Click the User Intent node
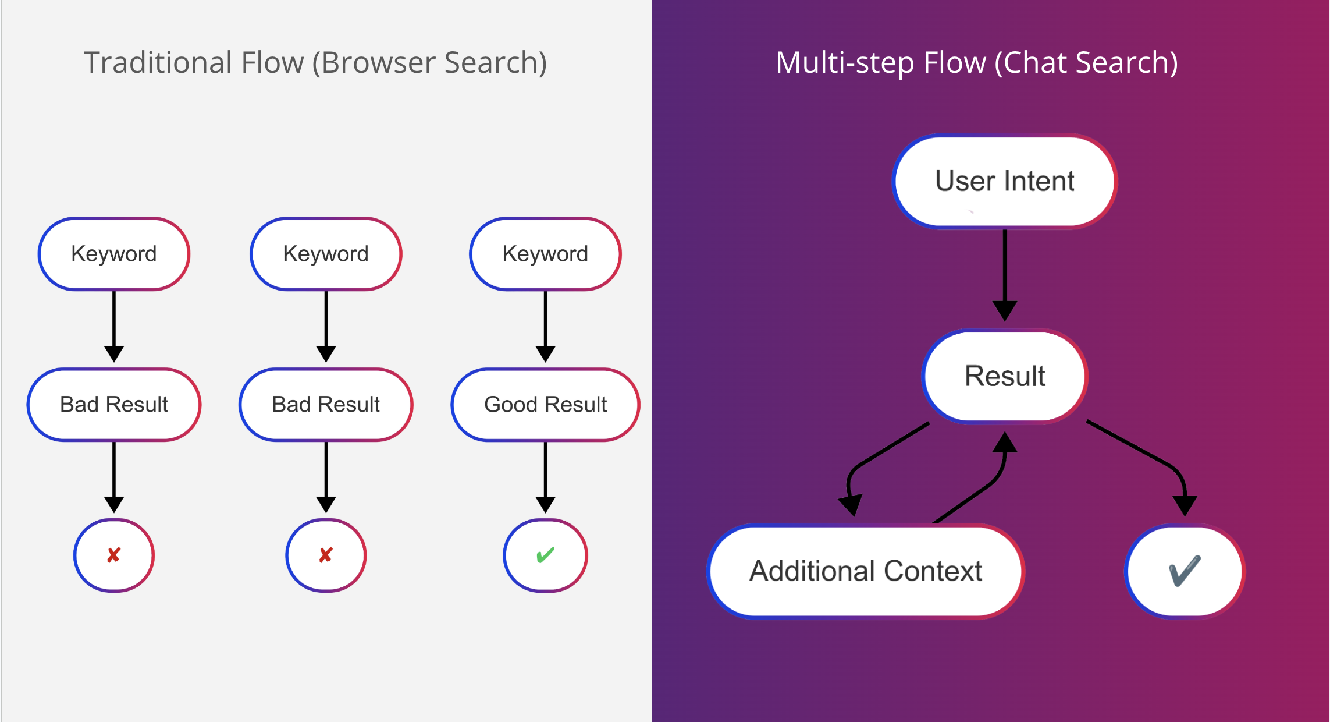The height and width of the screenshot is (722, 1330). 1004,181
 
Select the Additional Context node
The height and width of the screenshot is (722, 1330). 865,571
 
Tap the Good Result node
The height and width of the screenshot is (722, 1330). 545,405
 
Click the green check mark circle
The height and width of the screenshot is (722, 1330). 545,555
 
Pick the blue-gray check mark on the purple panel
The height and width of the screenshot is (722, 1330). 1184,571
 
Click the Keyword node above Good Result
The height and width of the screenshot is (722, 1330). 545,254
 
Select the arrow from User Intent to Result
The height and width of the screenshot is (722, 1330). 1004,274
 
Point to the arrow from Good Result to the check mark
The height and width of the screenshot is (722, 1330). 545,475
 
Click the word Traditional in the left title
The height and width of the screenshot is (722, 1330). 158,63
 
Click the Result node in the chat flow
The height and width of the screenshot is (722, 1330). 1004,376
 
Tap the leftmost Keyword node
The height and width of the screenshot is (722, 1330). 114,254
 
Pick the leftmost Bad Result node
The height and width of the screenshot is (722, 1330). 114,405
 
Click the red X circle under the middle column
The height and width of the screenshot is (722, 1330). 326,555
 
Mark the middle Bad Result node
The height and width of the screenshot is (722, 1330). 326,405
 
